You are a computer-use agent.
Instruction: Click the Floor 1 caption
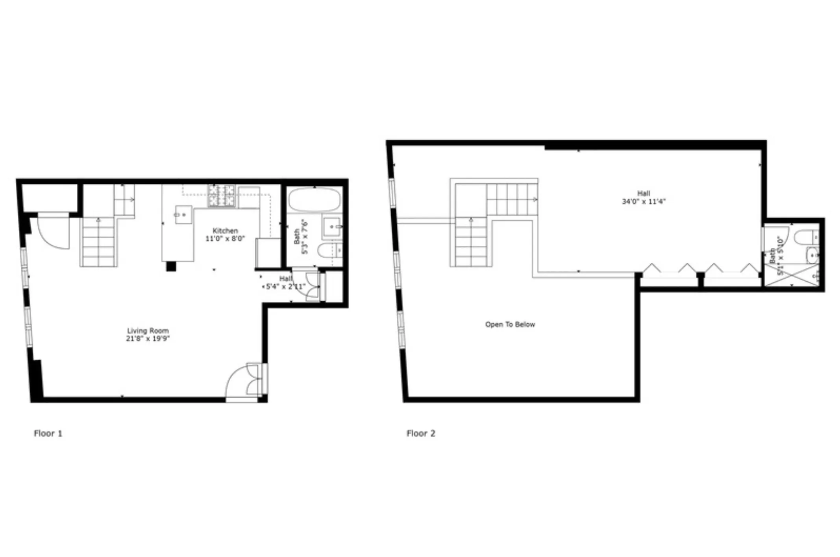tap(48, 433)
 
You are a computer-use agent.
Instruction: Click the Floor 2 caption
tap(421, 433)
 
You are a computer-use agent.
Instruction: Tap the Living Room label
tap(148, 331)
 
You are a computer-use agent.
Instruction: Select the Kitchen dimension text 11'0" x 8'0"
tap(225, 238)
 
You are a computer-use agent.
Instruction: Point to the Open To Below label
tap(510, 325)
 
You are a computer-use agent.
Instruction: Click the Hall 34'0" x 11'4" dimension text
tap(644, 201)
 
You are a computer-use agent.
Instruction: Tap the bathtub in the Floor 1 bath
tap(315, 199)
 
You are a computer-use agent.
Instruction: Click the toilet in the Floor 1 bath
tap(329, 250)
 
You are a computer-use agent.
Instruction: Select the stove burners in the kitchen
tap(221, 195)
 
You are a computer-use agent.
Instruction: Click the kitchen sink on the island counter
tap(183, 215)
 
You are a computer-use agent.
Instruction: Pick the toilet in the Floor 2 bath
tap(807, 237)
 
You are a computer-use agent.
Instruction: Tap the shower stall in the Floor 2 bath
tap(791, 275)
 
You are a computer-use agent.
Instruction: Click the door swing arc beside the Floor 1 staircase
tap(54, 233)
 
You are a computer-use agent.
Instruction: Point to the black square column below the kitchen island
tap(171, 266)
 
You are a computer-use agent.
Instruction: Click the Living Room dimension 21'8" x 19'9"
tap(148, 338)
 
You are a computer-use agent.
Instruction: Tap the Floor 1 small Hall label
tap(286, 279)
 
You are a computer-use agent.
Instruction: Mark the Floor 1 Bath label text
tap(297, 237)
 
